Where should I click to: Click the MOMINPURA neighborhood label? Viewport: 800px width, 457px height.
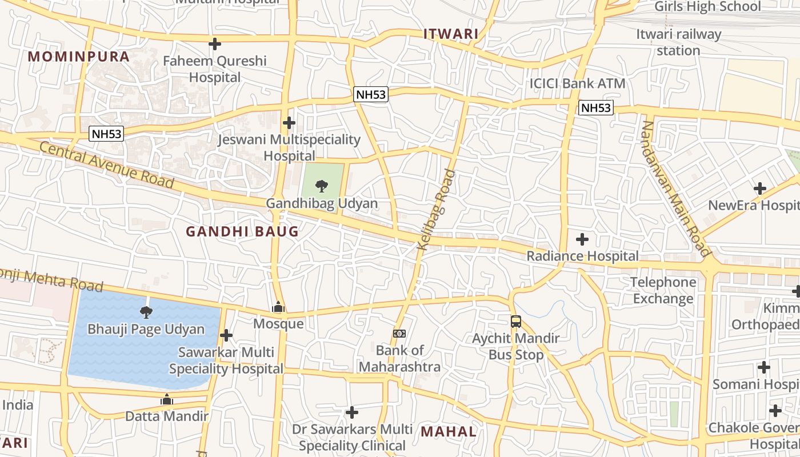pos(79,57)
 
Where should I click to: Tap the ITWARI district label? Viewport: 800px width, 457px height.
pos(451,34)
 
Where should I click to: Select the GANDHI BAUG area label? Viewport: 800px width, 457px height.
pos(242,231)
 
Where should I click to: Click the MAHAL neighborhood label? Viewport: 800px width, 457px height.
pos(449,431)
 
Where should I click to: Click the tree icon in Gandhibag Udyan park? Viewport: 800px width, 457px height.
pos(322,186)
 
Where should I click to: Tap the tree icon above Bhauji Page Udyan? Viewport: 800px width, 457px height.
pos(146,312)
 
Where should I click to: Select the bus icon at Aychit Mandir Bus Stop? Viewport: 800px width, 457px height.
pos(516,321)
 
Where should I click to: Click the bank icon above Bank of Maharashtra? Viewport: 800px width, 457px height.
pos(399,333)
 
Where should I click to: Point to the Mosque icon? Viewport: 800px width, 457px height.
pos(278,307)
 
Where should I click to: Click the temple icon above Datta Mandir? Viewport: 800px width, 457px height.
pos(167,399)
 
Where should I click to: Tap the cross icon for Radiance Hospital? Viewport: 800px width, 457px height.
pos(582,239)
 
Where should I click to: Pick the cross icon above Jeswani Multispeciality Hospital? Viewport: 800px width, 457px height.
pos(289,122)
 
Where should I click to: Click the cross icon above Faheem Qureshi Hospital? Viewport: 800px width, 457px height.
pos(215,43)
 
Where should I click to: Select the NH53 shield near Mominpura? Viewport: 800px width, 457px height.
pos(106,134)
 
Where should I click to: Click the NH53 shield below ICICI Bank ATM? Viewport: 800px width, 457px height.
pos(595,107)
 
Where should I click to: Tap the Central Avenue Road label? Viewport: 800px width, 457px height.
pos(107,165)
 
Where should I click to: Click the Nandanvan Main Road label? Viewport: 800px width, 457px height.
pos(674,188)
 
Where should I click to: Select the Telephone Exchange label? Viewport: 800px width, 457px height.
pos(663,290)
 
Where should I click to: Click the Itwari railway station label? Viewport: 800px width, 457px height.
pos(678,42)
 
